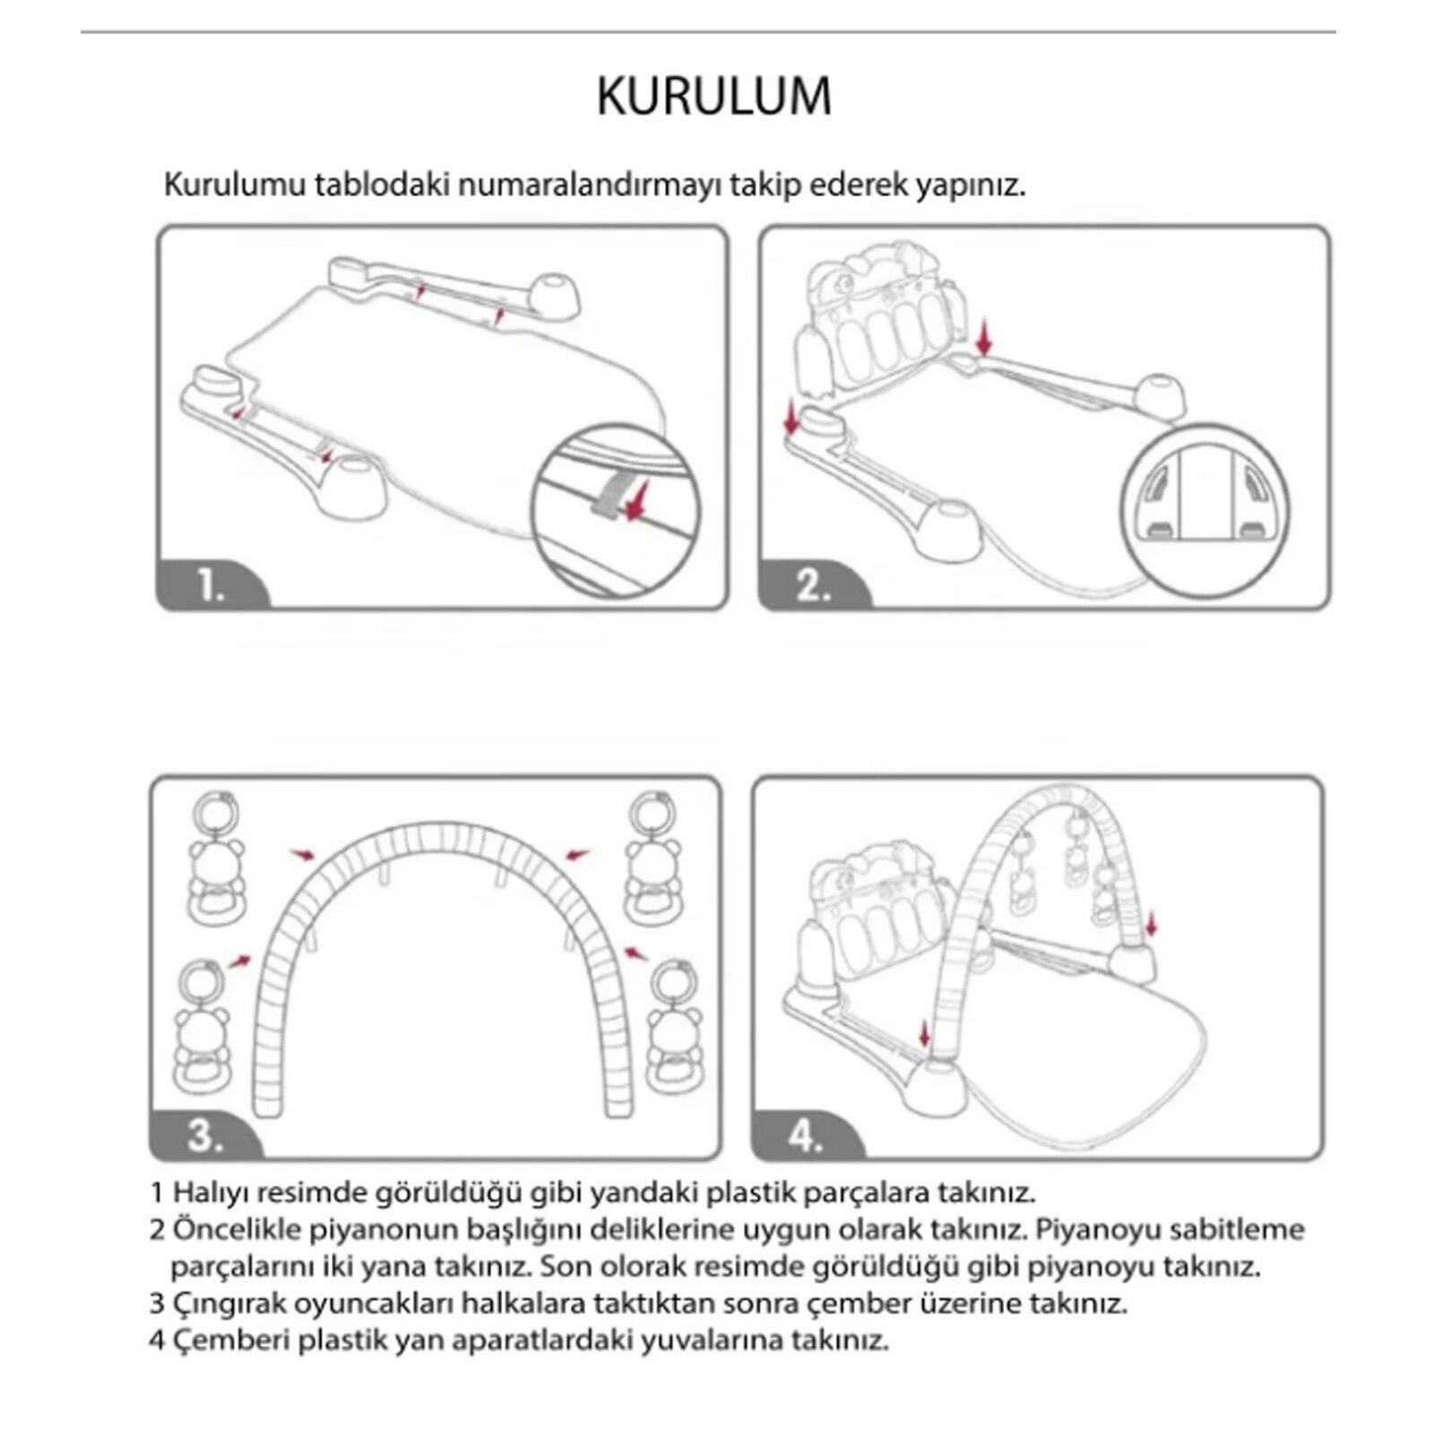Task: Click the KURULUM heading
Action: coord(714,97)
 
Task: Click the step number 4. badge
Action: coord(805,1136)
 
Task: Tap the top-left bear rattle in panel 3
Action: coord(216,856)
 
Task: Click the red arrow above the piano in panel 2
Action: coord(985,338)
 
